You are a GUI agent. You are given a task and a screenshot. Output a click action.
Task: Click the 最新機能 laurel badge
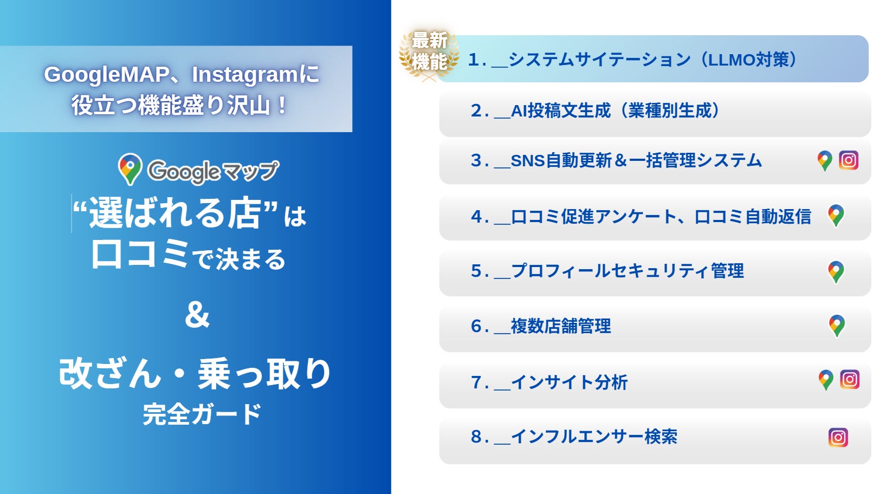coord(429,54)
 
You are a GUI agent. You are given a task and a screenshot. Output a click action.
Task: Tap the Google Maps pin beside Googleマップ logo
coord(130,169)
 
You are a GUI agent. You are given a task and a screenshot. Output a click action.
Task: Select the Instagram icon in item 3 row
coord(849,160)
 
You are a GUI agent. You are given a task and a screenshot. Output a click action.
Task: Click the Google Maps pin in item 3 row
coord(825,160)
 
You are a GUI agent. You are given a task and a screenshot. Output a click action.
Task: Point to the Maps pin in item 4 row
coord(836,216)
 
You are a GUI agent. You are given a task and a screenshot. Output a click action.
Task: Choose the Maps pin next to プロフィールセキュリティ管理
coord(836,272)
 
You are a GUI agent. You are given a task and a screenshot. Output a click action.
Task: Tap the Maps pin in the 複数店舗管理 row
coord(837,326)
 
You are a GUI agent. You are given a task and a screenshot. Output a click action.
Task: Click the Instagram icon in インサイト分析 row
coord(850,380)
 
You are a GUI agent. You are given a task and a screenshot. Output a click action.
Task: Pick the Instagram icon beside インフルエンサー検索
coord(838,437)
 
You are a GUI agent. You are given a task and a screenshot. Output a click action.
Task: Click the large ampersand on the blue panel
coord(197,315)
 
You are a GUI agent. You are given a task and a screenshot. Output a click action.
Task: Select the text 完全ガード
coord(202,414)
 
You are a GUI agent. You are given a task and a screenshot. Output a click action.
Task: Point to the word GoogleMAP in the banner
coord(106,75)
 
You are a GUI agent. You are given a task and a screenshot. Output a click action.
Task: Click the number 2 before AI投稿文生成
coord(476,110)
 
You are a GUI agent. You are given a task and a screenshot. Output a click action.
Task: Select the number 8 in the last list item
coord(476,437)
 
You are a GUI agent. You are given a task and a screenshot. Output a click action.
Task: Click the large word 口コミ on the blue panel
coord(140,255)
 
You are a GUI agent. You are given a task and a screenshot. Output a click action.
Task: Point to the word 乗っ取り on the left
coord(264,373)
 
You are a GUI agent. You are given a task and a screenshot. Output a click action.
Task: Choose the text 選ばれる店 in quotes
coord(175,213)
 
